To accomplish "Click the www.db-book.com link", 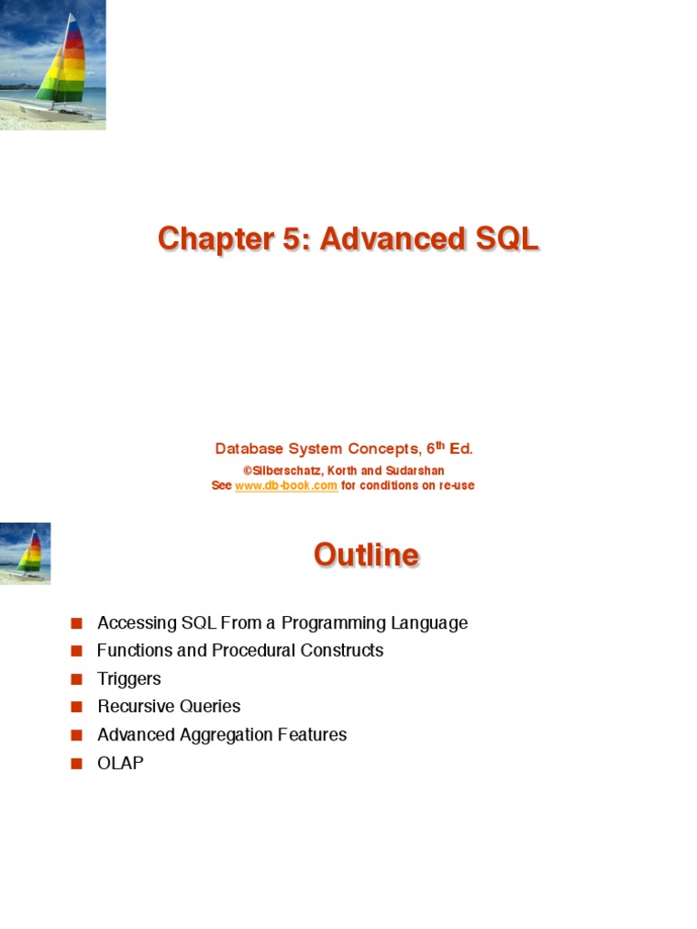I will point(286,485).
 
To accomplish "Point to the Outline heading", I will point(366,554).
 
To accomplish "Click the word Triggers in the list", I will point(129,679).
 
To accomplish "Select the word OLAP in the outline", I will point(121,763).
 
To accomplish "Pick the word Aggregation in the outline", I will point(216,735).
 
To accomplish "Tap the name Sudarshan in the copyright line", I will point(414,471).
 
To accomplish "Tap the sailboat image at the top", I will point(53,64).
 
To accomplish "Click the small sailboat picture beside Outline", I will point(25,553).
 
